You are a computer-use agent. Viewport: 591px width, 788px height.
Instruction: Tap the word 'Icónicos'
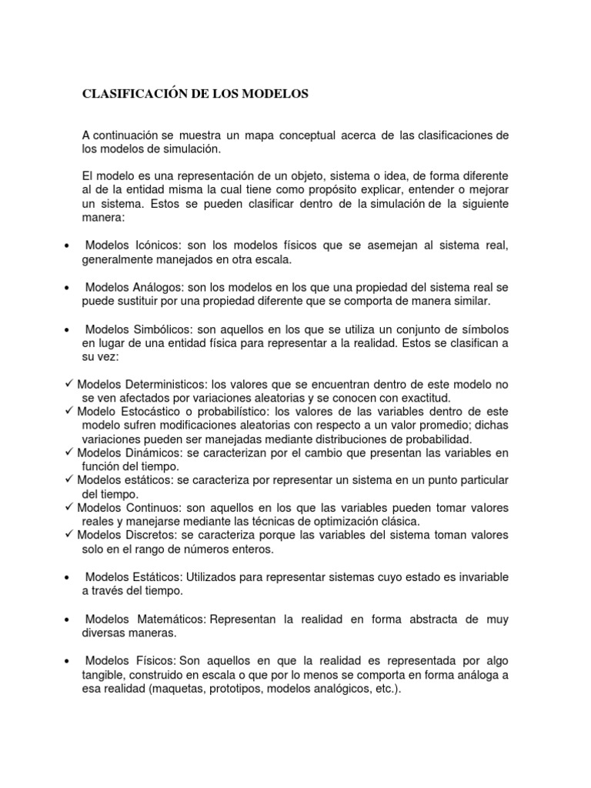tap(157, 245)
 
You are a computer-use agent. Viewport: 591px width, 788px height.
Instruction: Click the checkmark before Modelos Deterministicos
tap(69, 383)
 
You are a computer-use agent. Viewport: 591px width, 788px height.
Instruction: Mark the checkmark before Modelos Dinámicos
tap(69, 452)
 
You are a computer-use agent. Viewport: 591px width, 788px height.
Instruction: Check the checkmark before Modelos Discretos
tap(69, 535)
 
